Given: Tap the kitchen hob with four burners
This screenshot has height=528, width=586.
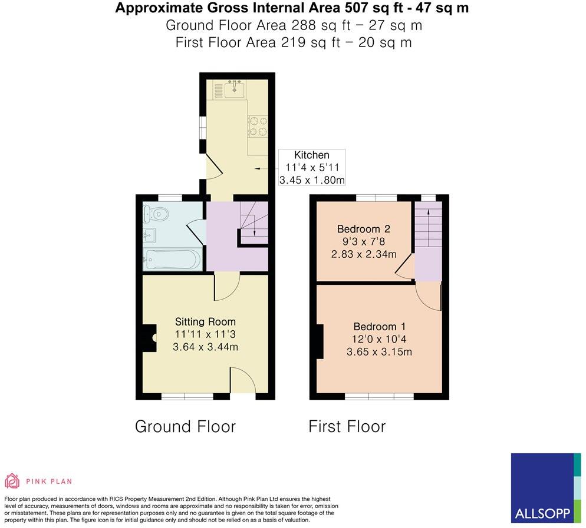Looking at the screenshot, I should [258, 126].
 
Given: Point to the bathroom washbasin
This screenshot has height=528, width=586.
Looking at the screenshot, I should [150, 236].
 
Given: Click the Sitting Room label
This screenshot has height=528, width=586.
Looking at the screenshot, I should [205, 322].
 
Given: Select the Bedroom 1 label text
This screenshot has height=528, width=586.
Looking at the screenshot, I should [378, 327].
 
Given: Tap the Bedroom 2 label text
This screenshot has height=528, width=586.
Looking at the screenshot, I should [363, 229].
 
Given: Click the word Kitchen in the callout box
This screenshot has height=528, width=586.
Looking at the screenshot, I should [312, 155].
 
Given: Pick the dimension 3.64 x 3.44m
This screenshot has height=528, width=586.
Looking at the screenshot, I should [205, 347].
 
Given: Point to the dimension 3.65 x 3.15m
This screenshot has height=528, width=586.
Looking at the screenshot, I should [378, 352].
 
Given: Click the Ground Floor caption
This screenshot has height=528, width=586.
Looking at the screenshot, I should [185, 426].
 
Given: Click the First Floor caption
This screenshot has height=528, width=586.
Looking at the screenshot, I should [347, 426].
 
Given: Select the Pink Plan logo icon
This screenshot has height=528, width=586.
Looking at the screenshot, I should [12, 481].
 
